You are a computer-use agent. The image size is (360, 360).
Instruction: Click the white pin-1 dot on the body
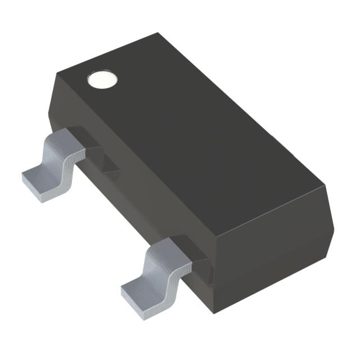coord(102,80)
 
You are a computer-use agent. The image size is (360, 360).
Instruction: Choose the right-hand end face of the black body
coord(270,247)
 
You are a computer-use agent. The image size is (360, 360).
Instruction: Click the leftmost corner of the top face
coord(55,75)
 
